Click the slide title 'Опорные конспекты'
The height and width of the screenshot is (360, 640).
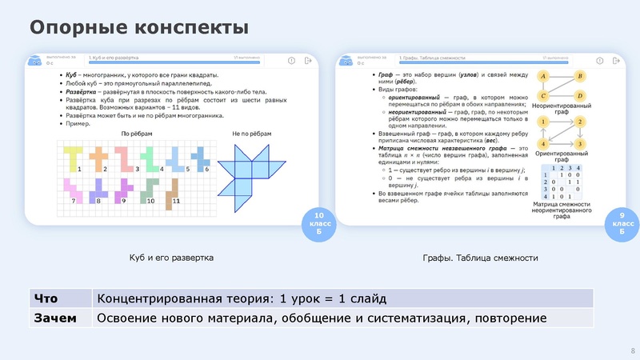pyautogui.click(x=138, y=28)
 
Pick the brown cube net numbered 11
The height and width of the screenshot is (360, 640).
pyautogui.click(x=170, y=190)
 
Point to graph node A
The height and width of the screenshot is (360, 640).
pyautogui.click(x=543, y=77)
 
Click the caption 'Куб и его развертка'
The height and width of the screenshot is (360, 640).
pyautogui.click(x=172, y=258)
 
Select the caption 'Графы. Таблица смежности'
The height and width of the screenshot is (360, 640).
pyautogui.click(x=480, y=258)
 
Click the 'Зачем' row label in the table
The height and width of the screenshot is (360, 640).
pyautogui.click(x=55, y=318)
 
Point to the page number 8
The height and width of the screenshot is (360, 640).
pyautogui.click(x=633, y=350)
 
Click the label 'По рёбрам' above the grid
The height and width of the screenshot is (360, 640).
pyautogui.click(x=137, y=134)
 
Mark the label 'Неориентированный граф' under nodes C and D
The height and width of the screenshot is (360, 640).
pyautogui.click(x=562, y=110)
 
